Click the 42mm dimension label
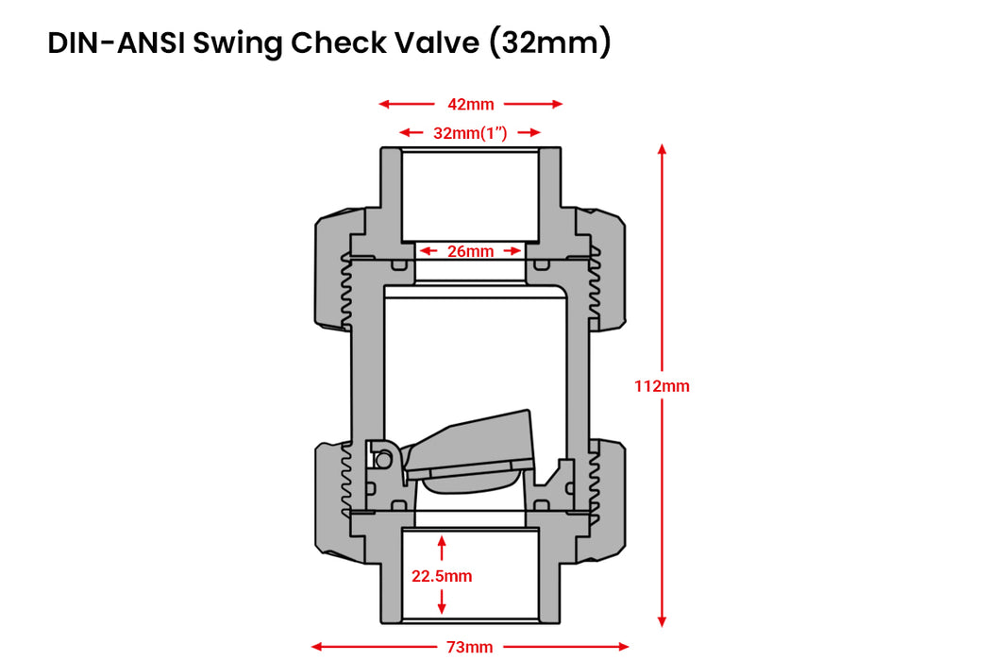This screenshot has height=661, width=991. coord(470,104)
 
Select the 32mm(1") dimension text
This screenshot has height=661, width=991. coord(470,133)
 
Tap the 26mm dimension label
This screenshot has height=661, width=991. coord(470,251)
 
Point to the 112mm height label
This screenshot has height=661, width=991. coord(662,386)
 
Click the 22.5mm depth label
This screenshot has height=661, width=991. coord(442,575)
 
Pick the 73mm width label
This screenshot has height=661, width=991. coord(470,647)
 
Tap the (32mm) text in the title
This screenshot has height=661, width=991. coord(549,43)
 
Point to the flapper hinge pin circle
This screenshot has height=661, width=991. coord(383,459)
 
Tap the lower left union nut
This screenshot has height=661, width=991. coord(333,499)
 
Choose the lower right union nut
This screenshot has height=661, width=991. coord(608,499)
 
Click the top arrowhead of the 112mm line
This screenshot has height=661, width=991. coord(662,149)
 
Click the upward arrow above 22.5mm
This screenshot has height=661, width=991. coord(442,542)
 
